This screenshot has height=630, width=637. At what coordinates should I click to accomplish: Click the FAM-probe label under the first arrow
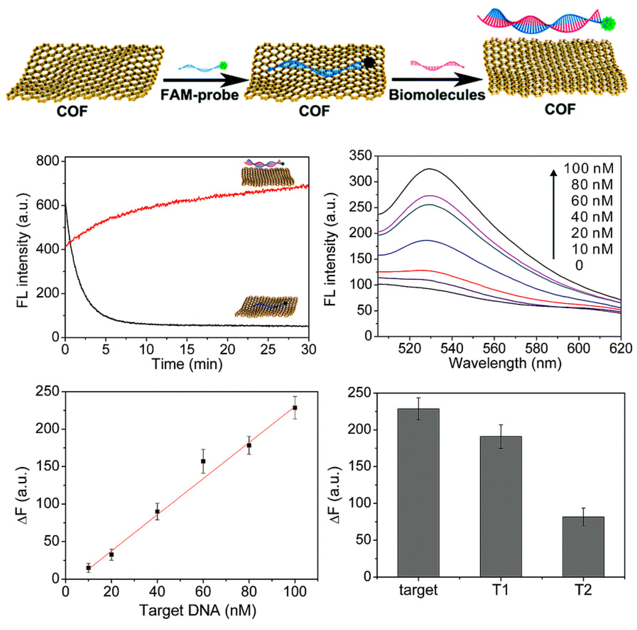pos(199,95)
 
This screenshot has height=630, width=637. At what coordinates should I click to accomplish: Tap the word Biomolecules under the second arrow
pos(437,95)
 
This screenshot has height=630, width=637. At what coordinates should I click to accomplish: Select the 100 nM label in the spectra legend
pos(589,169)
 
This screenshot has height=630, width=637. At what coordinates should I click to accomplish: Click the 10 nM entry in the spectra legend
pos(592,249)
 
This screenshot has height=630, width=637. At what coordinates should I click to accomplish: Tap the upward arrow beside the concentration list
pos(554,214)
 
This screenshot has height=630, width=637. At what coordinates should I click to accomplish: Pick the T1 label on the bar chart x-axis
pos(501,590)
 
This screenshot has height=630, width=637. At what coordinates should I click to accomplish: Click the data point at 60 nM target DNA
pos(203,461)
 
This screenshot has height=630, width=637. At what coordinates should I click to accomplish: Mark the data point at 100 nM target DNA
pos(295,408)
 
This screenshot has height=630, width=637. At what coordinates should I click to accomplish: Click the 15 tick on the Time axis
pos(187,349)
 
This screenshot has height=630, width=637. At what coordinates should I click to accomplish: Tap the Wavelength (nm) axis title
pos(505,364)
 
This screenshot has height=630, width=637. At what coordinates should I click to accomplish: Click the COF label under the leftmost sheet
pos(72,112)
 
